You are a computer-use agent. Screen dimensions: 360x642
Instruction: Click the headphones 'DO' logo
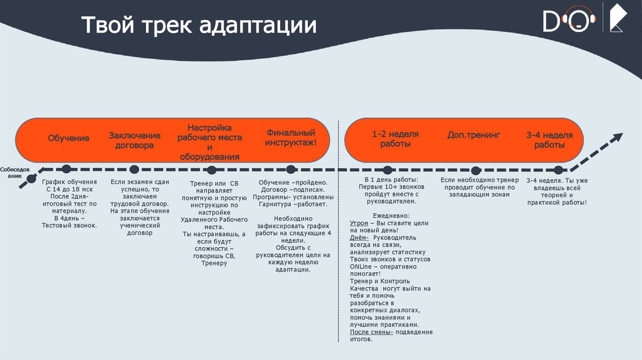click(569, 21)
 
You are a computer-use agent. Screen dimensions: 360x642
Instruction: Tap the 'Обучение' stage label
click(68, 138)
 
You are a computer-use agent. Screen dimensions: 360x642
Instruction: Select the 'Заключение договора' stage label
click(134, 140)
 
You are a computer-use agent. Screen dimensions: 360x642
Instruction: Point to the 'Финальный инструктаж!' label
click(290, 138)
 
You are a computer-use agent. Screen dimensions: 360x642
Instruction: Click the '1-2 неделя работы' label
click(395, 139)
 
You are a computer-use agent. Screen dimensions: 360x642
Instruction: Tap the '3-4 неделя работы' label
click(549, 139)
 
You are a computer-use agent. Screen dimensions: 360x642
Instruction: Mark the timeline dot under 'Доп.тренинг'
click(476, 170)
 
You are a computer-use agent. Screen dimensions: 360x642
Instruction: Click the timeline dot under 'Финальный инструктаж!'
click(290, 169)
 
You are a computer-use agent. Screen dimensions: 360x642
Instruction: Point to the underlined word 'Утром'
click(359, 223)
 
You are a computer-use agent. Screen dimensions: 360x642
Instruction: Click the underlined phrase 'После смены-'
click(372, 332)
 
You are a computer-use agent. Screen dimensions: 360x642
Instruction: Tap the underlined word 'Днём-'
click(360, 238)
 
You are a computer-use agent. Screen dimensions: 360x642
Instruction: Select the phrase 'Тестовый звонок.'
click(69, 225)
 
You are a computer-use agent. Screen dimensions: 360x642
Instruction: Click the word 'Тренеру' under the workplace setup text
click(214, 263)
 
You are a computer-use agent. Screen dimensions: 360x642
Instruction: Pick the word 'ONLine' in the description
click(361, 267)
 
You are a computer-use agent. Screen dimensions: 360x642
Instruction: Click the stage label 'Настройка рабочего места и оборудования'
click(209, 142)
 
